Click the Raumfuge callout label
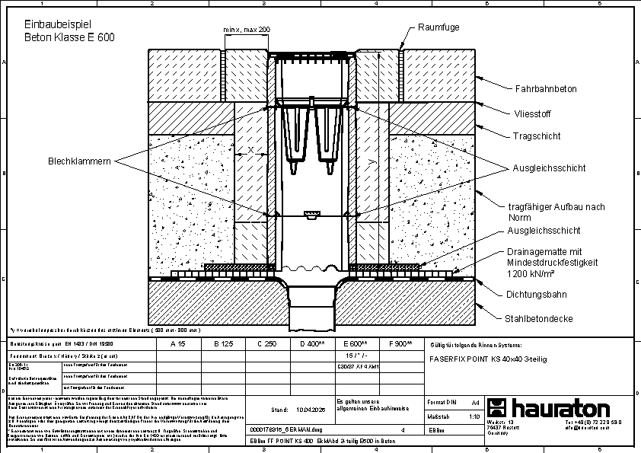tap(438, 27)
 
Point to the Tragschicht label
tap(536, 136)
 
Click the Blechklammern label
tap(80, 161)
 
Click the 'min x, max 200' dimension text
tap(247, 29)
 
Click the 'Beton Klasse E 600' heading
tap(69, 37)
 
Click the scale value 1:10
tap(474, 417)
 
